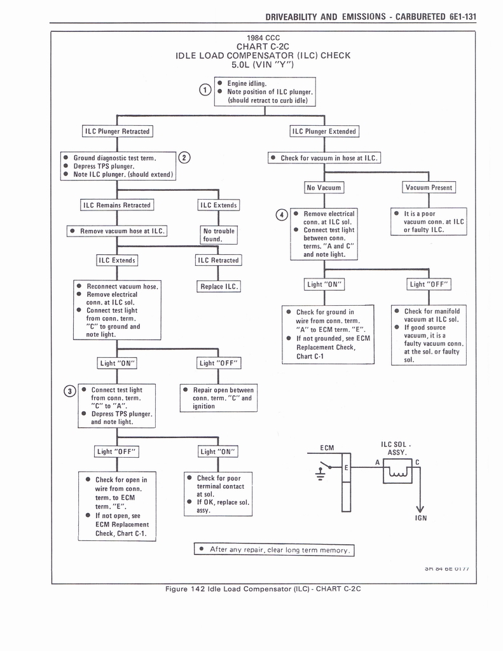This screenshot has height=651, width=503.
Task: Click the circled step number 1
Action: point(205,90)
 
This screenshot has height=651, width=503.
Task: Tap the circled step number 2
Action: point(183,158)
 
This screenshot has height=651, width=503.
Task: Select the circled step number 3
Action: point(71,391)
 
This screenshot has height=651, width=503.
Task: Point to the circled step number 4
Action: point(281,214)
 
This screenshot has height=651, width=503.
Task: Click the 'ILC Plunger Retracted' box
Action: point(118,132)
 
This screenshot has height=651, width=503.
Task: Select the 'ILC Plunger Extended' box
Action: point(324,132)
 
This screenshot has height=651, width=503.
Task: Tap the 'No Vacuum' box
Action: point(324,188)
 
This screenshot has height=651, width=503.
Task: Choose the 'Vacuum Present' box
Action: point(429,188)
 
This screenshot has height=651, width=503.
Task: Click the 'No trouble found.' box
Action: point(218,235)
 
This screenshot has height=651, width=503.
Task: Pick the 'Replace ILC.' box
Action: point(219,286)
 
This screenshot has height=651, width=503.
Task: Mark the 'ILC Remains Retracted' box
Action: point(116,205)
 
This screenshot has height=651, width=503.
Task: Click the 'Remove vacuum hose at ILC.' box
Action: point(116,231)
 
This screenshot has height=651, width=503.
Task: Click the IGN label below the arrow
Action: point(420,517)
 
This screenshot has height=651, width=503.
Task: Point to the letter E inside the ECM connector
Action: point(346,467)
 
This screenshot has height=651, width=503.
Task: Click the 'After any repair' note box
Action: point(273,550)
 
